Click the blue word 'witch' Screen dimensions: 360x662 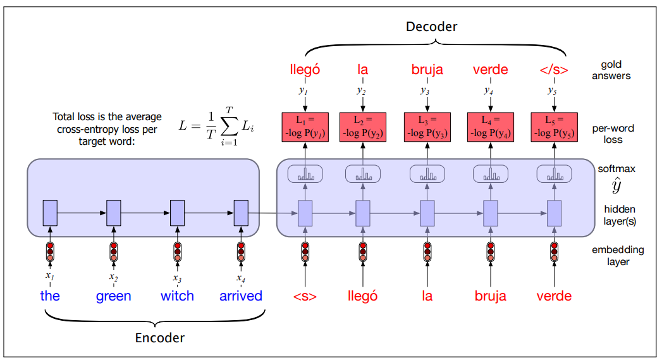177,295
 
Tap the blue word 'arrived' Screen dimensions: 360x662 241,295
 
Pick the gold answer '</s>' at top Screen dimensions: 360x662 554,69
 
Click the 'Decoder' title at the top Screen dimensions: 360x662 432,26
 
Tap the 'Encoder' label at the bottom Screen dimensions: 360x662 160,338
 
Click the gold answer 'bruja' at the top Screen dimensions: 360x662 427,69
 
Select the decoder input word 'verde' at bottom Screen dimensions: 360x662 554,295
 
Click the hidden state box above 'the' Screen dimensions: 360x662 50,212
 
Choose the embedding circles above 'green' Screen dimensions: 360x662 114,251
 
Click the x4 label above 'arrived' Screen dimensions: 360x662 241,277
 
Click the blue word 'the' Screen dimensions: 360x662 50,295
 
